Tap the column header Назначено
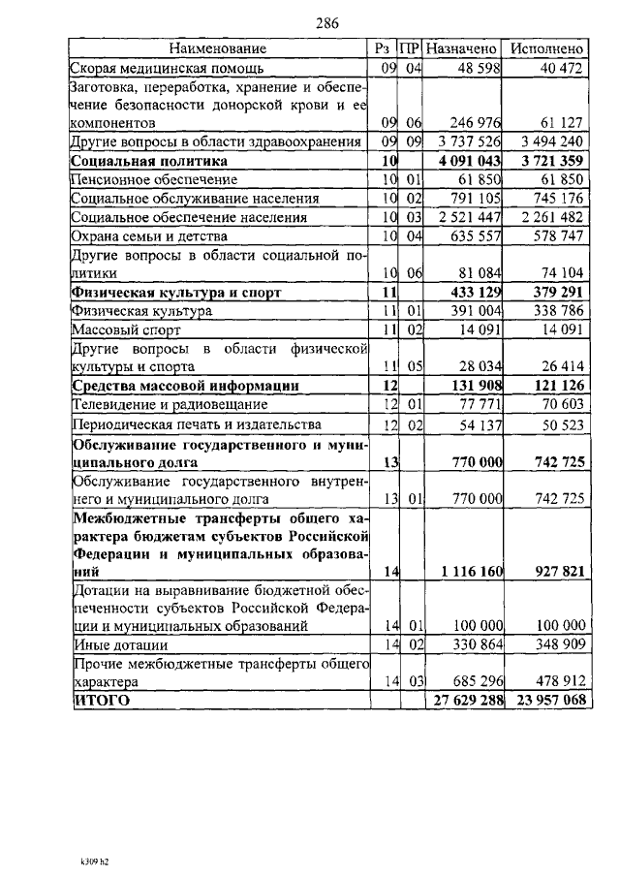pos(462,47)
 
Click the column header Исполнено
pos(547,47)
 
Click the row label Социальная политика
pos(149,161)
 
